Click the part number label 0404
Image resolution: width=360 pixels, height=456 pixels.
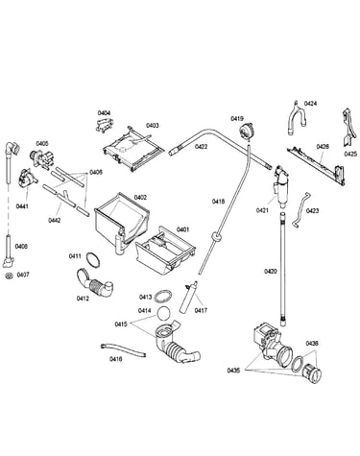[x=104, y=113]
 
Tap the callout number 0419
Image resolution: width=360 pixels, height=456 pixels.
[x=237, y=119]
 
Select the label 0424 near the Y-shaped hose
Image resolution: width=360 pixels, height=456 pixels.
[x=310, y=104]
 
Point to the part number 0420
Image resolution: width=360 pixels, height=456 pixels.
[x=271, y=272]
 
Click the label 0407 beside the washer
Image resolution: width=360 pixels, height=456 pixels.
[x=23, y=275]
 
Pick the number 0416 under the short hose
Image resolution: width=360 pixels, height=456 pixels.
[x=115, y=359]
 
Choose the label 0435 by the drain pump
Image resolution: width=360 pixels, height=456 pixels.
[x=233, y=371]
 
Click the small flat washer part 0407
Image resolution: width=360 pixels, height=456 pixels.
[x=9, y=276]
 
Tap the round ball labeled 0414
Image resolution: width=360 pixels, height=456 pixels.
[x=164, y=313]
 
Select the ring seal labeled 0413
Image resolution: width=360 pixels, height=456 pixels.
[x=163, y=297]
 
